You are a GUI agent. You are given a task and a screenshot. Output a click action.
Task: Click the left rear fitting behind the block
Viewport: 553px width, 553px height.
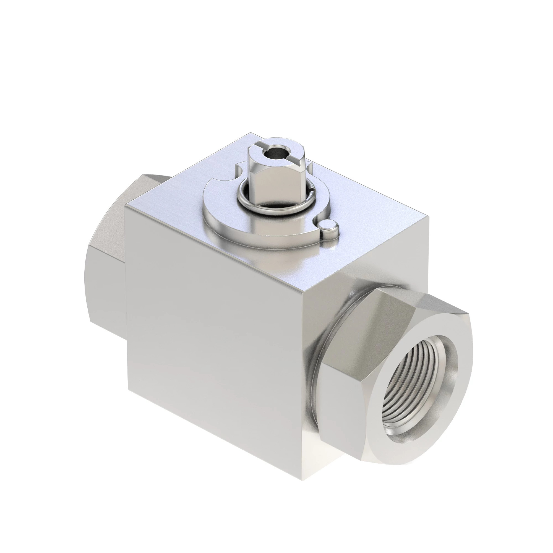(x=106, y=258)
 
